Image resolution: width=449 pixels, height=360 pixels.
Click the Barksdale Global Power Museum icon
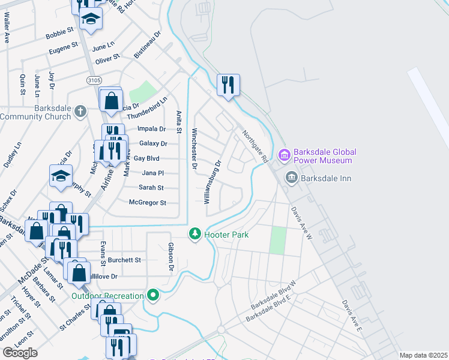[284, 156]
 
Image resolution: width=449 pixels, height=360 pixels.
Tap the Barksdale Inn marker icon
[292, 178]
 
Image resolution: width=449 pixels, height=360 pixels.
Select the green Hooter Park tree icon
[194, 234]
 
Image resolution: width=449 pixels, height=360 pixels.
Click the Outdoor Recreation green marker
[154, 295]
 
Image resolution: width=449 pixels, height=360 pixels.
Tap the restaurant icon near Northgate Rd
[228, 85]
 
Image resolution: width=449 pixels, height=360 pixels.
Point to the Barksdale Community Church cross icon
[81, 111]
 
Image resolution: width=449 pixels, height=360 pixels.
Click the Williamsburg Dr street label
[213, 181]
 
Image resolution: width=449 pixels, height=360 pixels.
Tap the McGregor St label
[147, 203]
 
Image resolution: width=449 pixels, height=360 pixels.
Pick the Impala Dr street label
[151, 128]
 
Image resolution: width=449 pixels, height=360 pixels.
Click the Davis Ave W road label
[303, 221]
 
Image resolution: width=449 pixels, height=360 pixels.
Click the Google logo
[20, 353]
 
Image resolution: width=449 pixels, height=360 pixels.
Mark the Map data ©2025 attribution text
[423, 355]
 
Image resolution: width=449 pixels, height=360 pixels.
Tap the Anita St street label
[179, 122]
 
